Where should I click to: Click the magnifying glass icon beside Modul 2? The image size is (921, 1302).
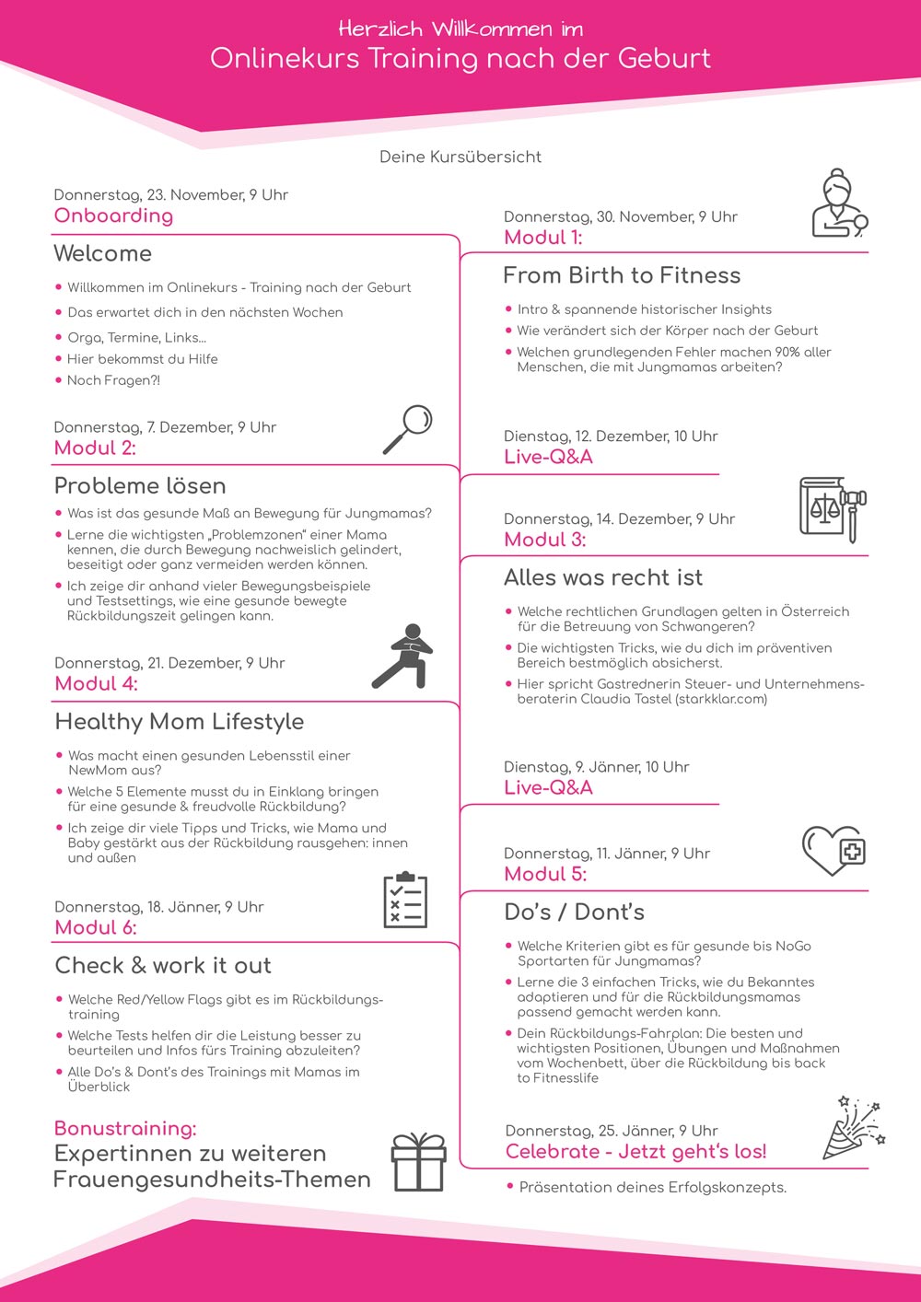(x=408, y=429)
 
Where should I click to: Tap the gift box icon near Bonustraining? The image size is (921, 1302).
(x=419, y=1162)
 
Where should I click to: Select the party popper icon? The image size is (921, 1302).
(x=853, y=1129)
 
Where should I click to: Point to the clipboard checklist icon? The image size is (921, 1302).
(x=405, y=901)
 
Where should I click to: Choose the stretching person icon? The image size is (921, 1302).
(x=403, y=657)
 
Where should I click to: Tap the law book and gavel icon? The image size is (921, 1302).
(x=833, y=508)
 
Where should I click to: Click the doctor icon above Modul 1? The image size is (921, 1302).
(x=839, y=203)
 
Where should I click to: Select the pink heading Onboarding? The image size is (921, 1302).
(x=113, y=215)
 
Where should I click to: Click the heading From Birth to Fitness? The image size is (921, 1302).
(x=622, y=275)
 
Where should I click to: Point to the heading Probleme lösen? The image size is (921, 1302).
(x=140, y=485)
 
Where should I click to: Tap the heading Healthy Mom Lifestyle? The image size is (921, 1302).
(x=180, y=721)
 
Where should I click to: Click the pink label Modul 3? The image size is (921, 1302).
(x=545, y=540)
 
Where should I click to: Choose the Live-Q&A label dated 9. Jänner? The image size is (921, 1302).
(x=548, y=787)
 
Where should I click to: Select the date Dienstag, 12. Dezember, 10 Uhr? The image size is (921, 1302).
(x=611, y=436)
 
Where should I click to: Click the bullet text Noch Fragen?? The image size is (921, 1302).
(x=113, y=380)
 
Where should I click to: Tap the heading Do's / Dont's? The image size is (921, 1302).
(x=574, y=912)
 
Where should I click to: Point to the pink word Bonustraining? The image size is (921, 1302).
(x=125, y=1128)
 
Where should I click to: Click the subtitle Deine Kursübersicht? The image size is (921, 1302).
(x=460, y=157)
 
